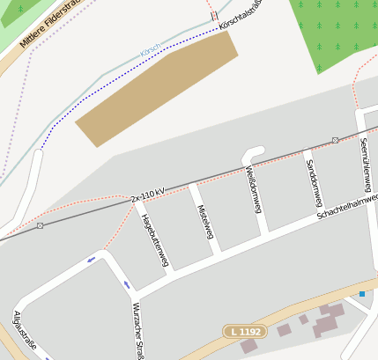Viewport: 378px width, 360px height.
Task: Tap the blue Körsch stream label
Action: tap(152, 52)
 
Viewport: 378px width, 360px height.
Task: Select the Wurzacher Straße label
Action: tap(137, 330)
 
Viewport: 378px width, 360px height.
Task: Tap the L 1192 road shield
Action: tap(244, 331)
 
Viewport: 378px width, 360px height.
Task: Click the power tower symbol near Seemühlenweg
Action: tap(335, 140)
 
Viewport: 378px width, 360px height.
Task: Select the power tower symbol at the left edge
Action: tap(41, 226)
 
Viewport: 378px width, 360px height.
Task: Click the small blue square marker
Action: tap(361, 293)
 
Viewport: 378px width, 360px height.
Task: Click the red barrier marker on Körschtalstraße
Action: tap(214, 16)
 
